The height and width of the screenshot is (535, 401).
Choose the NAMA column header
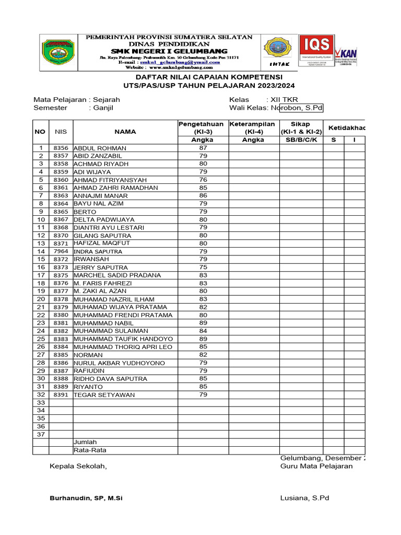[x=125, y=132]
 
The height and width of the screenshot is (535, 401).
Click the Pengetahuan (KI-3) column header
[x=201, y=127]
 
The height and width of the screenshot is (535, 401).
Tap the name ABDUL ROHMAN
[x=100, y=148]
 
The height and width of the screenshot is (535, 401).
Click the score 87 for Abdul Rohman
[x=203, y=148]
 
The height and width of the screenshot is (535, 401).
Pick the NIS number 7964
[x=61, y=251]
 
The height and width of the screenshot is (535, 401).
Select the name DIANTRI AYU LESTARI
[x=109, y=228]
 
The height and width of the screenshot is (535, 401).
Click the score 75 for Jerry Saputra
[x=203, y=267]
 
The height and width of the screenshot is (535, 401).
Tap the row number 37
[x=40, y=434]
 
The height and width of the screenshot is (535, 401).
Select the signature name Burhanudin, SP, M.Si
[x=86, y=498]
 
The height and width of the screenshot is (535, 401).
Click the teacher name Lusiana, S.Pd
[x=304, y=498]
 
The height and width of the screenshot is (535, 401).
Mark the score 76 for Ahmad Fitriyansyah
[x=203, y=180]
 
